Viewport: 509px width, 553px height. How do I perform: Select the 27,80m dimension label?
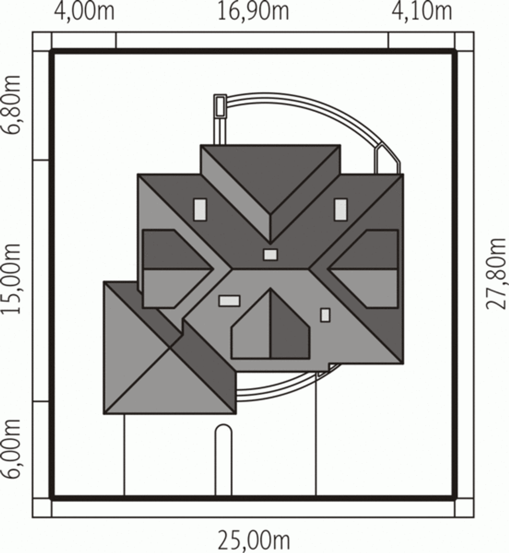click(496, 274)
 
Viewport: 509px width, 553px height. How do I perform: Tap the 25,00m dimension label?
click(254, 541)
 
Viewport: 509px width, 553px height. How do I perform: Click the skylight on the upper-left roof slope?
click(200, 210)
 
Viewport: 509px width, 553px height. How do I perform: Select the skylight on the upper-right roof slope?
click(341, 210)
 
